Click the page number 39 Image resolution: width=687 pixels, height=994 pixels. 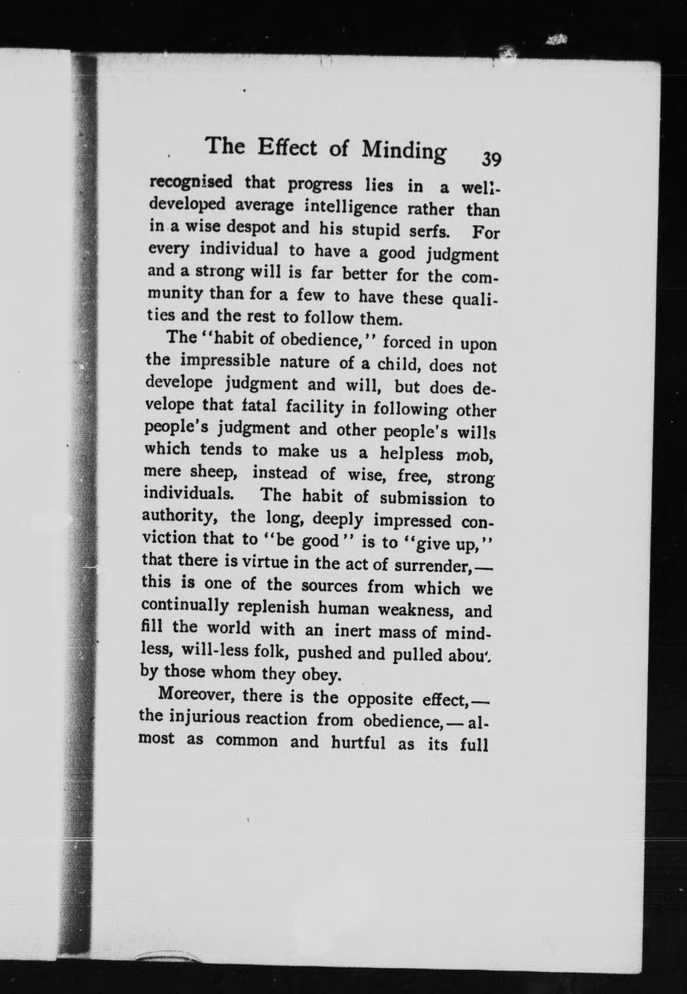coord(491,159)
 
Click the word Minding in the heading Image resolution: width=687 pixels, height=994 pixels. coord(404,150)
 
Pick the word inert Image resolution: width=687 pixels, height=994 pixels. coord(353,631)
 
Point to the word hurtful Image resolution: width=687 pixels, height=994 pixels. coord(358,742)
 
